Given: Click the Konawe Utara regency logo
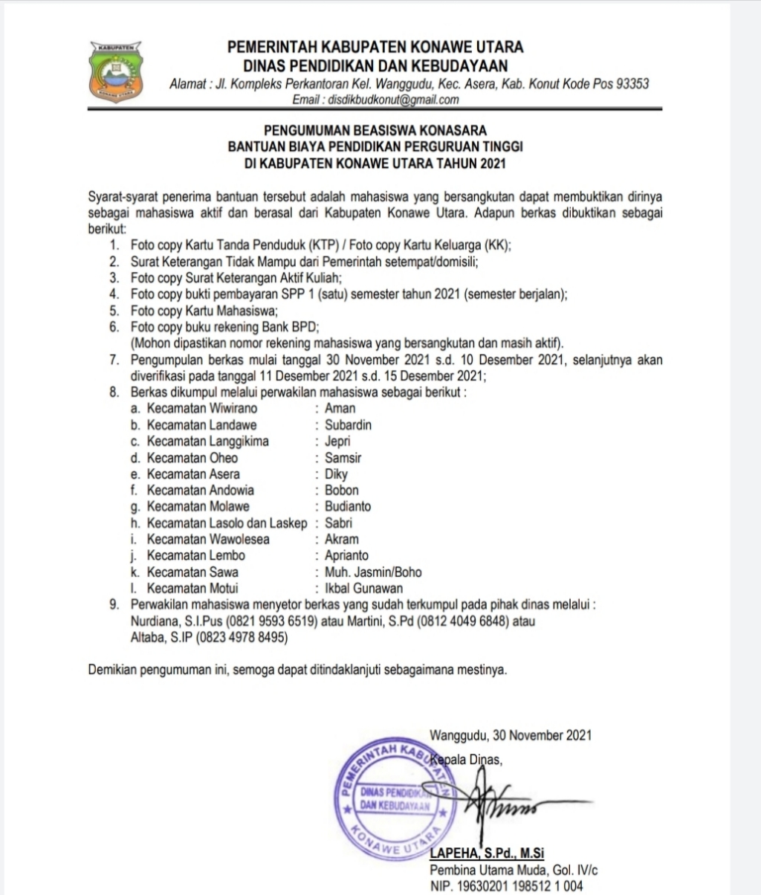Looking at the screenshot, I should tap(116, 73).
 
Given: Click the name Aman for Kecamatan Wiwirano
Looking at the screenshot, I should tap(340, 408).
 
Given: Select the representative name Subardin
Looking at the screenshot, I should tap(348, 424).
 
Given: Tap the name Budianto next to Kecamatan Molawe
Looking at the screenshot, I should tap(347, 506).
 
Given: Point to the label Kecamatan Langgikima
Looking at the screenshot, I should tap(207, 441).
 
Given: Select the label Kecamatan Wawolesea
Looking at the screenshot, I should tap(208, 539).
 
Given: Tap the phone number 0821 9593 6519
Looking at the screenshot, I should tap(274, 621).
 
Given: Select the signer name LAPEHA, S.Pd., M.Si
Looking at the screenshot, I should tap(492, 853).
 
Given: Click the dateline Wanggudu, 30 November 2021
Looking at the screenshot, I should tap(510, 735).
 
